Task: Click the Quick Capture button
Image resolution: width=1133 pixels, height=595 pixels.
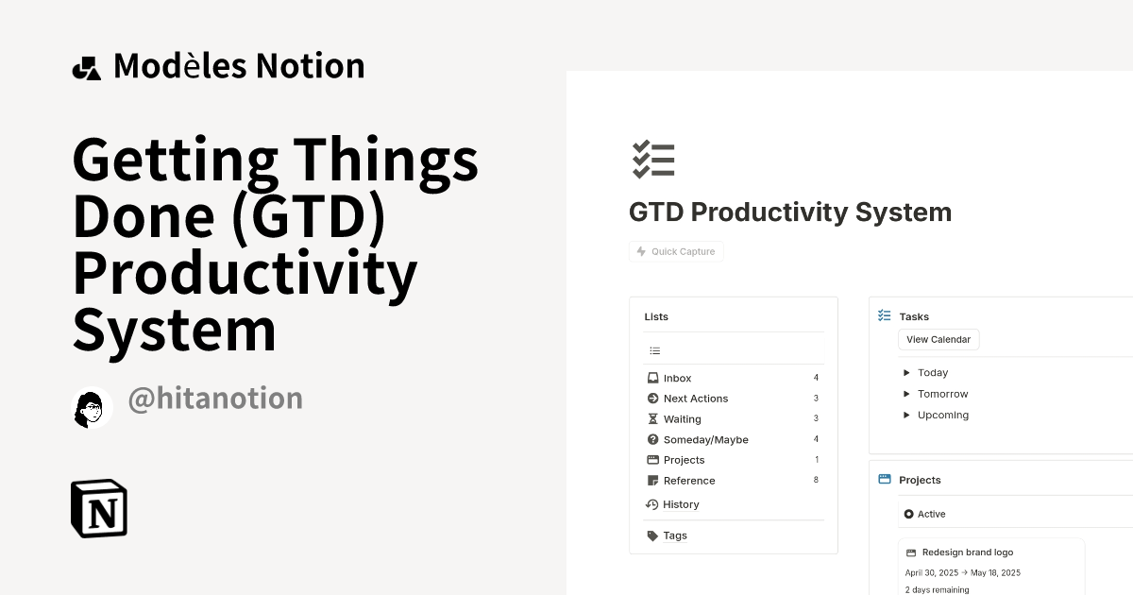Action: [676, 251]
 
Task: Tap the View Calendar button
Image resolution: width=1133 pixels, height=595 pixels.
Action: [939, 339]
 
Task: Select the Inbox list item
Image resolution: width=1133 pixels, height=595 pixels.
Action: [677, 378]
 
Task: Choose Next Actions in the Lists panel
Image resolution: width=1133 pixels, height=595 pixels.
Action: [695, 399]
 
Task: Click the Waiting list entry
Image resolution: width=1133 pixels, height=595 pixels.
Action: [682, 419]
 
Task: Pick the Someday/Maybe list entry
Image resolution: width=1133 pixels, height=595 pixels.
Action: [705, 440]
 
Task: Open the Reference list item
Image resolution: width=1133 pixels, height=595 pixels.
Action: [689, 481]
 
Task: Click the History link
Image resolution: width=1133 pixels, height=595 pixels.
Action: [680, 504]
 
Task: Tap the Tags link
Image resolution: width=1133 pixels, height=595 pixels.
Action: [674, 535]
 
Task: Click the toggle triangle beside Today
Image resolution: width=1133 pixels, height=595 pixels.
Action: [907, 373]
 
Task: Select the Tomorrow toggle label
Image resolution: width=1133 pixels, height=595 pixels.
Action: [942, 394]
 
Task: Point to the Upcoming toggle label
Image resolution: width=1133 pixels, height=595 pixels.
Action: [942, 415]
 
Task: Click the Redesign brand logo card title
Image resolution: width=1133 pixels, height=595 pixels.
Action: [967, 552]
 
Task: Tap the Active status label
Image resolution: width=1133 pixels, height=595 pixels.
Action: [931, 514]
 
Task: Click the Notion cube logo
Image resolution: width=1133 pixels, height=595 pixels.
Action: [99, 508]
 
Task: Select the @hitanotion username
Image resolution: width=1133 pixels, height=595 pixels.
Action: [215, 399]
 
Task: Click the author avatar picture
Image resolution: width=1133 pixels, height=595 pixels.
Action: [92, 408]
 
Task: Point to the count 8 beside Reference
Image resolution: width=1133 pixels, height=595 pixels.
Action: [816, 481]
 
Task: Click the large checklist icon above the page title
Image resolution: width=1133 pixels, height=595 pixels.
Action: [653, 160]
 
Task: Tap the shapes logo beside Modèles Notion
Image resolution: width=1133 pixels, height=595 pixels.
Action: [87, 68]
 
